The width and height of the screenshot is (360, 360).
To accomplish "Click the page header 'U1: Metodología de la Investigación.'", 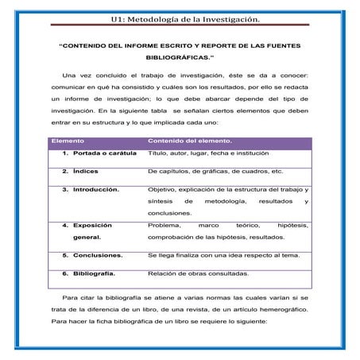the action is pos(179,18).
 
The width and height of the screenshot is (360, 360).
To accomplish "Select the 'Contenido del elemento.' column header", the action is pos(188,141).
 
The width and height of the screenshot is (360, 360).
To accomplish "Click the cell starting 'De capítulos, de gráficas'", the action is pos(215,172).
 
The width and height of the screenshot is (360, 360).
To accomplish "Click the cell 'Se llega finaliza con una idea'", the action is pos(223,256).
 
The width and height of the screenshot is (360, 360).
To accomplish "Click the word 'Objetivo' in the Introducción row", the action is pos(163,190).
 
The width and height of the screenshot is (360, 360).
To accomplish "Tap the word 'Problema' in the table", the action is pos(165,226).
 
